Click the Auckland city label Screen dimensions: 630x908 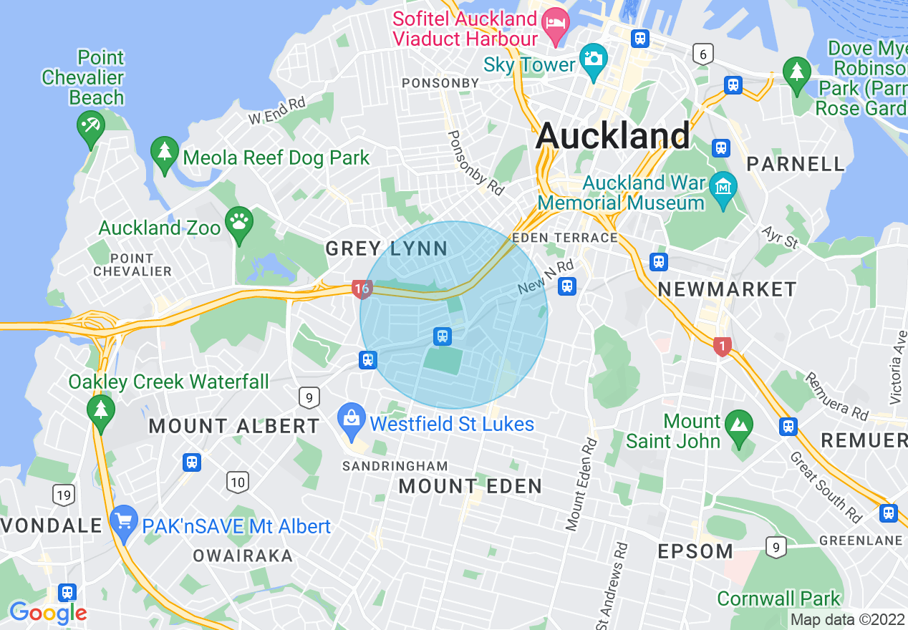point(613,135)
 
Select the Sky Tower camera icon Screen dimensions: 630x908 point(594,57)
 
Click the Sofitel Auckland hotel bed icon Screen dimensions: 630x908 point(554,21)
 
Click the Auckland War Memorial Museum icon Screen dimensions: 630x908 point(723,188)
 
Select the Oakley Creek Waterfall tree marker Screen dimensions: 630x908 point(100,410)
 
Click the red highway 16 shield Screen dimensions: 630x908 point(362,289)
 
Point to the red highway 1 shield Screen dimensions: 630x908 point(722,346)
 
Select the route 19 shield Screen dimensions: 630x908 point(63,494)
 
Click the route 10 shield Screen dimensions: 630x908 point(238,482)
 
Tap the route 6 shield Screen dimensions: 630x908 point(703,53)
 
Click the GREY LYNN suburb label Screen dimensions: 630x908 point(387,249)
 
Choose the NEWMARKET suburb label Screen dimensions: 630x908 point(727,289)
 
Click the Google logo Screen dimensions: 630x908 point(48,613)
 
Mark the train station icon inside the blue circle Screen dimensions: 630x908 point(443,336)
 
